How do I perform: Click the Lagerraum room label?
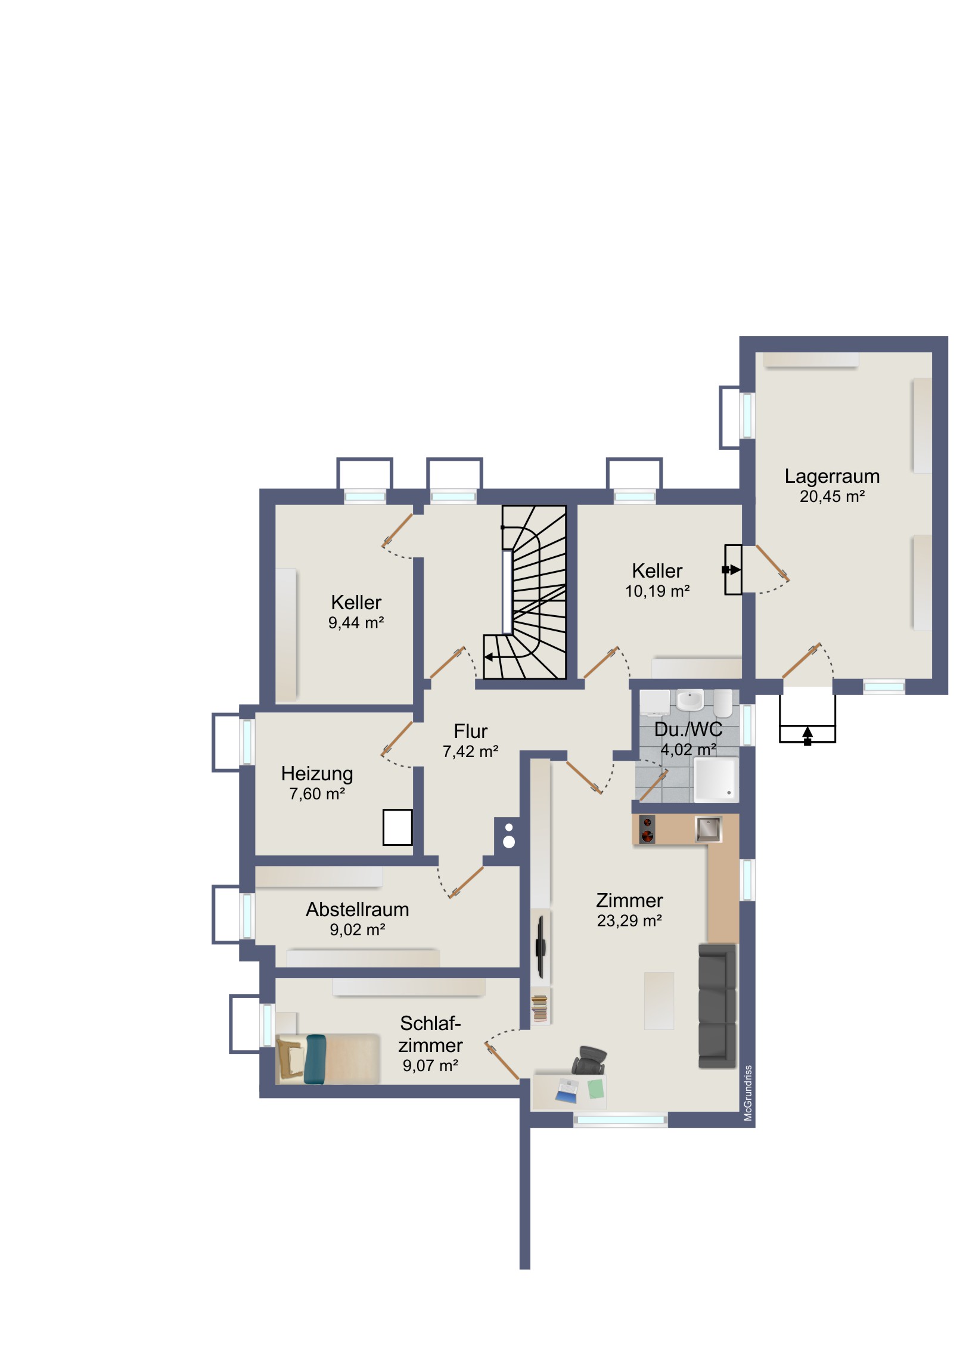[x=832, y=476]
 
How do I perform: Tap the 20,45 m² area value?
[x=833, y=496]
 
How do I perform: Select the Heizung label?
[x=317, y=774]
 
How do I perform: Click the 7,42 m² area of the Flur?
[x=470, y=751]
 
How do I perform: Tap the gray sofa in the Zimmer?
[x=717, y=1006]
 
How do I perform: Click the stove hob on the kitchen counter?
[x=647, y=829]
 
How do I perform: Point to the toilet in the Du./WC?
[x=723, y=704]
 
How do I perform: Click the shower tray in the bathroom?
[x=716, y=780]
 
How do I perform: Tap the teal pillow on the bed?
[x=315, y=1059]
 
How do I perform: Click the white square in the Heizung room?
[x=397, y=827]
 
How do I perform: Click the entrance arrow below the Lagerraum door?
[x=807, y=735]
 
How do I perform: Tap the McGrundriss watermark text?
[x=748, y=1093]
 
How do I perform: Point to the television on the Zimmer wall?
[x=541, y=947]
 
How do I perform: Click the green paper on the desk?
[x=596, y=1088]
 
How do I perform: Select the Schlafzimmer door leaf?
[x=502, y=1061]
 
